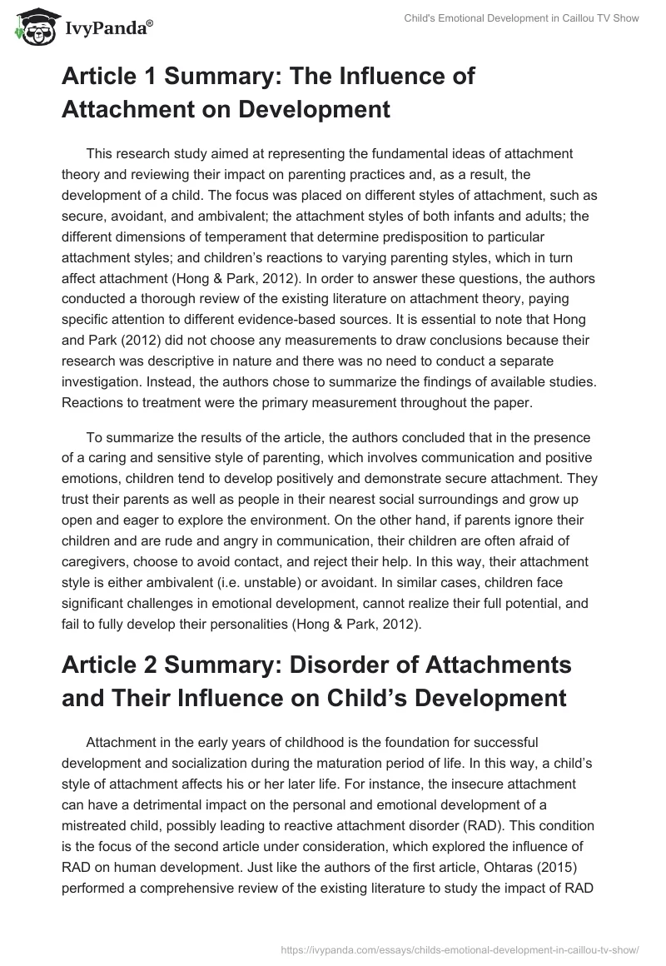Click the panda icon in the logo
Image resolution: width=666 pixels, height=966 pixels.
click(x=32, y=28)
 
